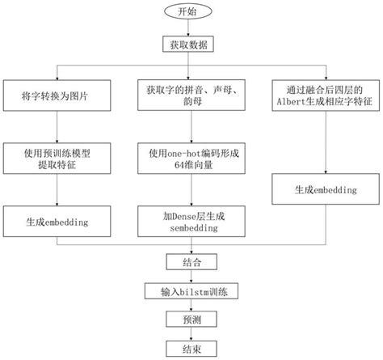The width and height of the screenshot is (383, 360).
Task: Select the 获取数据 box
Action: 191,45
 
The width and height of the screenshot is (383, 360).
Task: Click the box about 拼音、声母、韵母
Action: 191,98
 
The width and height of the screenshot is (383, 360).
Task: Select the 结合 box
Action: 191,262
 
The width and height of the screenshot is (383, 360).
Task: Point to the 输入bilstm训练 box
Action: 191,290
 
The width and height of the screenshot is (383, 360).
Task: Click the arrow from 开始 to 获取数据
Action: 191,28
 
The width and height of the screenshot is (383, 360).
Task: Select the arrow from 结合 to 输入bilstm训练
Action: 191,276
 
